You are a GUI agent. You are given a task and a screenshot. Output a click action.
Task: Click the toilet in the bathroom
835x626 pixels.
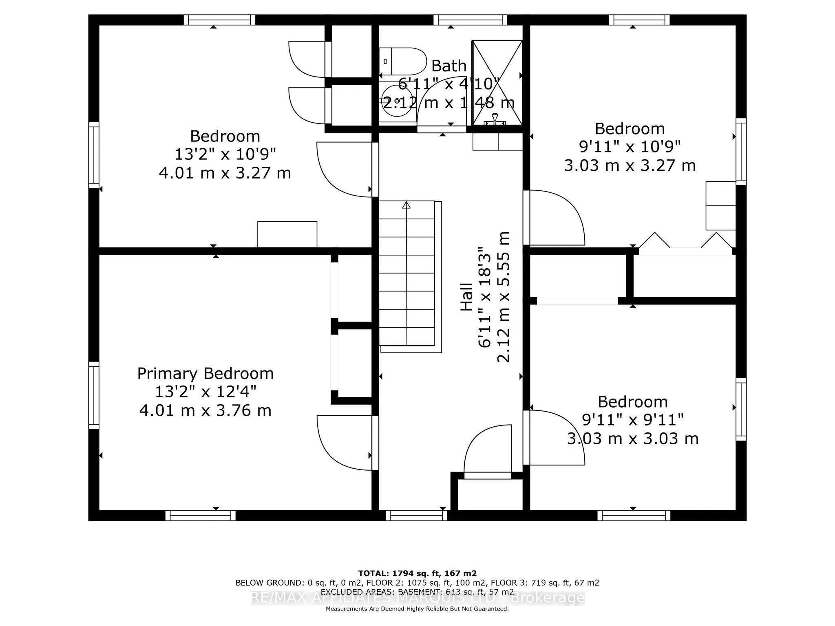click(x=402, y=61)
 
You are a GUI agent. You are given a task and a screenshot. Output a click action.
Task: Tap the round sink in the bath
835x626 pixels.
click(x=397, y=101)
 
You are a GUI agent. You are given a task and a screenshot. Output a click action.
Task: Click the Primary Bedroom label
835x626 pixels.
click(x=205, y=373)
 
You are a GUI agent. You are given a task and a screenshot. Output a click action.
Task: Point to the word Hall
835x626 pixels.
click(x=466, y=297)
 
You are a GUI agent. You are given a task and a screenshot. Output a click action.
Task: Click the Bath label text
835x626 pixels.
click(x=449, y=66)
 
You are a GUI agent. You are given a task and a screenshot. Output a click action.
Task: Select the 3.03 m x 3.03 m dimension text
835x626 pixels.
click(x=633, y=439)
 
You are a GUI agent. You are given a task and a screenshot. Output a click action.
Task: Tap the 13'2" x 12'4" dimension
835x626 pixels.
click(x=205, y=392)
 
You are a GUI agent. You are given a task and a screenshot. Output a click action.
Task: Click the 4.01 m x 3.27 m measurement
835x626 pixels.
click(x=225, y=173)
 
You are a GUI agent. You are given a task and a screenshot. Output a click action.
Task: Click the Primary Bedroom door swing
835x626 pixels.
click(x=345, y=443)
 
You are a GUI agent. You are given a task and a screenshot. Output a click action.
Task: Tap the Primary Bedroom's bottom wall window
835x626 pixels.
click(x=201, y=516)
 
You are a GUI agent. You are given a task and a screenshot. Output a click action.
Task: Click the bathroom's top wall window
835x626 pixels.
click(x=470, y=20)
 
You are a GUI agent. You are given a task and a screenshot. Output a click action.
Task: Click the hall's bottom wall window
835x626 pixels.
click(x=417, y=516)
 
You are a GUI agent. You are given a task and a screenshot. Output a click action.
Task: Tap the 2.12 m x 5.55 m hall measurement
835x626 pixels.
click(x=504, y=297)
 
